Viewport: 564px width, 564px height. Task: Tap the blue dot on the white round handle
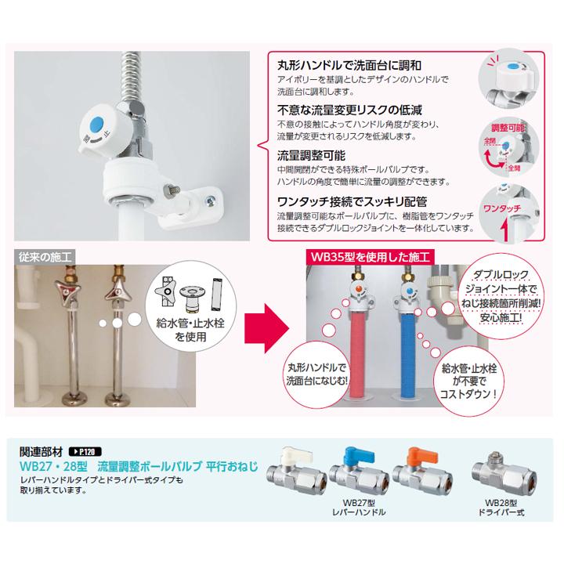point(96,124)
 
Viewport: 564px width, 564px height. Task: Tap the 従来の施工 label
point(43,255)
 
